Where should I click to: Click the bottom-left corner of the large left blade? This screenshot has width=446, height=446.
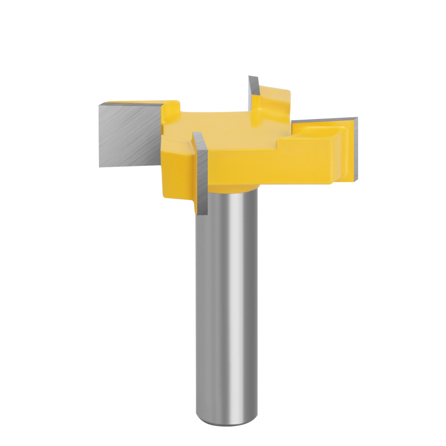100,166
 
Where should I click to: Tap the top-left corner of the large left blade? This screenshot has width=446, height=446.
100,104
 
